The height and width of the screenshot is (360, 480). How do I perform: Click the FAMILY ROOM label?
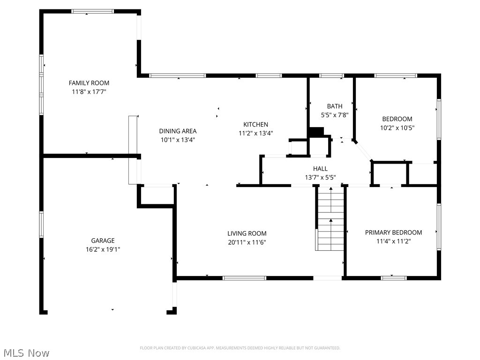(x=89, y=83)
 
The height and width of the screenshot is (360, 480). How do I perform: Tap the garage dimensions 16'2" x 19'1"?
(x=103, y=249)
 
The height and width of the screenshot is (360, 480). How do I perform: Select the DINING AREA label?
(x=178, y=131)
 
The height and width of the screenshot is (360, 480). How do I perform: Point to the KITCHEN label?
(x=255, y=125)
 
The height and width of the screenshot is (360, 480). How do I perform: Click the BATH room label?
(x=335, y=106)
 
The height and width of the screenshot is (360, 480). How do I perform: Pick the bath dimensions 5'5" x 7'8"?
(x=335, y=115)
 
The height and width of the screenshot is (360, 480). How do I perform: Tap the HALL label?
(x=320, y=169)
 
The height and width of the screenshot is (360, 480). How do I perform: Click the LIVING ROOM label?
(x=247, y=233)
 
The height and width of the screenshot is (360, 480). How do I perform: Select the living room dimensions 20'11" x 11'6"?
(x=247, y=242)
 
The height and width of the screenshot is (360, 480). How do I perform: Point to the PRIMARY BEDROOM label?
(x=393, y=232)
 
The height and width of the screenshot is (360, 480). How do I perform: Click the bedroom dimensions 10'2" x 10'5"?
(x=397, y=128)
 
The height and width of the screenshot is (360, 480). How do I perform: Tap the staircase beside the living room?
(x=330, y=218)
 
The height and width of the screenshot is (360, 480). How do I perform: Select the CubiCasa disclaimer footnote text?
(x=240, y=348)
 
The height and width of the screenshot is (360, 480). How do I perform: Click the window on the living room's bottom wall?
(x=244, y=278)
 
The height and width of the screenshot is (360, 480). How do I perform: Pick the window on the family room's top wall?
(x=93, y=11)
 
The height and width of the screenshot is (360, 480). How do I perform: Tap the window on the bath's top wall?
(x=331, y=75)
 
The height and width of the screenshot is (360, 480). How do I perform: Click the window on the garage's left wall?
(x=41, y=225)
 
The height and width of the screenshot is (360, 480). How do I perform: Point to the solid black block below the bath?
(x=316, y=132)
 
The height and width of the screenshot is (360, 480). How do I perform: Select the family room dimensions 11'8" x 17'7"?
(x=89, y=92)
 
